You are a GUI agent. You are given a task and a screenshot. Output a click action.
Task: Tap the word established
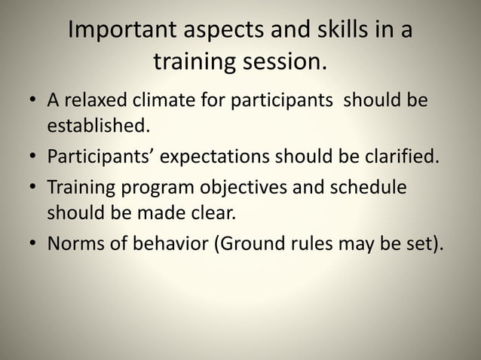click(x=95, y=125)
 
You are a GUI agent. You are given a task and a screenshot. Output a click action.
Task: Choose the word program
click(x=152, y=188)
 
